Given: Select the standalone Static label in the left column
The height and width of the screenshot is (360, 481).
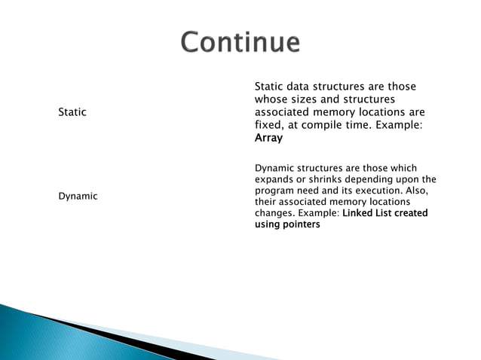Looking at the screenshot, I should pyautogui.click(x=72, y=112).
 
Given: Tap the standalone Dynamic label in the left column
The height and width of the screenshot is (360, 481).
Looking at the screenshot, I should pyautogui.click(x=78, y=196).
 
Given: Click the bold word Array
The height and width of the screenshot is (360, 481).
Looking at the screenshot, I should pyautogui.click(x=268, y=139).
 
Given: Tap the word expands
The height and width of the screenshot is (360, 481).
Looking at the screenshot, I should pyautogui.click(x=274, y=179).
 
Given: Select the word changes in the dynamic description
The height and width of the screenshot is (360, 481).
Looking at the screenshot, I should pyautogui.click(x=274, y=213).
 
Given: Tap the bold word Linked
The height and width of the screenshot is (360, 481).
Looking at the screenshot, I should pyautogui.click(x=358, y=213).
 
